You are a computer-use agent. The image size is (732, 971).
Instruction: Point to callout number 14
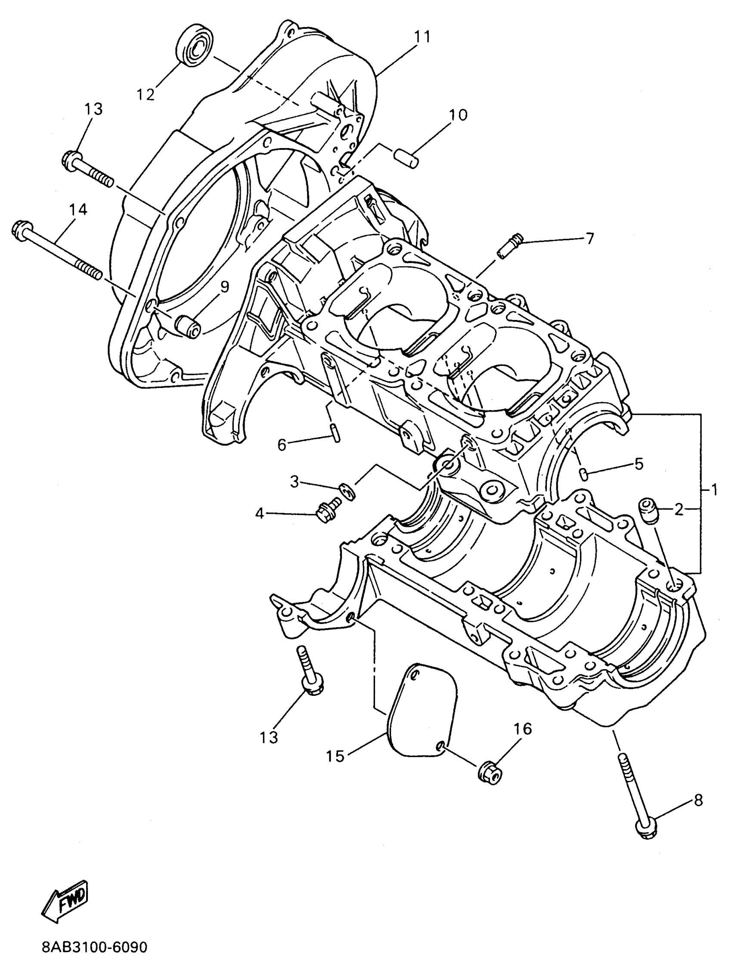tap(78, 210)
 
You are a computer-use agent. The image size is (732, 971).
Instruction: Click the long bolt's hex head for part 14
tap(21, 231)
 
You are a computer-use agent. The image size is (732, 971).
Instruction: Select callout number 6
tap(282, 445)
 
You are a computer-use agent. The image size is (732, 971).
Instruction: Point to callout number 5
tap(639, 464)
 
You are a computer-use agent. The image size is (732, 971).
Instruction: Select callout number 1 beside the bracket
tap(714, 490)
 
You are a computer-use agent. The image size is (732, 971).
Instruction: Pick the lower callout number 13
tap(269, 738)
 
